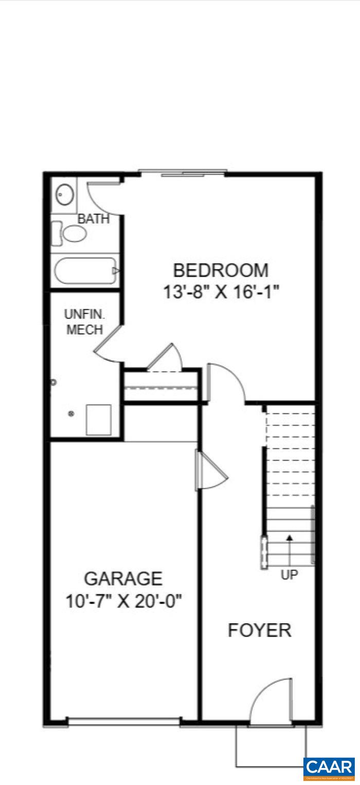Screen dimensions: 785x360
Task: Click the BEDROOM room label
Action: [220, 270]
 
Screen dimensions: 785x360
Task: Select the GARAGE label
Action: [123, 579]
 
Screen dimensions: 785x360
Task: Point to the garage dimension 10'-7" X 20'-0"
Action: [124, 600]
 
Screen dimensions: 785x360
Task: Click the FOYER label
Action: [259, 630]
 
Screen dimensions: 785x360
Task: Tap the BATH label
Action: [94, 219]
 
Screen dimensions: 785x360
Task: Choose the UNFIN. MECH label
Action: [85, 322]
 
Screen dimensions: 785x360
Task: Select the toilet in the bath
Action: [71, 234]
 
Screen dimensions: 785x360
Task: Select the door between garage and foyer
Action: [211, 470]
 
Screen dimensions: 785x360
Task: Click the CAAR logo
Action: [329, 767]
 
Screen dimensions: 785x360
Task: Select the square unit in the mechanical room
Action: [98, 419]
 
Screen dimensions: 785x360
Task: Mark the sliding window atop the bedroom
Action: [183, 173]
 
